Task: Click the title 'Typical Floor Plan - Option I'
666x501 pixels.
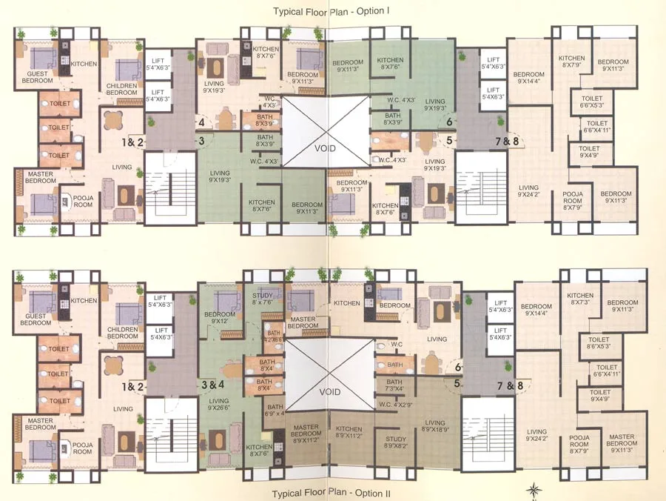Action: [332, 11]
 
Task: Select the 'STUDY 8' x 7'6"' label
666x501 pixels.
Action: [263, 299]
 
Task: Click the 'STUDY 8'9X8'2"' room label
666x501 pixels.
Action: [395, 442]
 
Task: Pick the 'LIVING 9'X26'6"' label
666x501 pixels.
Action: [219, 403]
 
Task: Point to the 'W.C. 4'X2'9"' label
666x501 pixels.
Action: [394, 404]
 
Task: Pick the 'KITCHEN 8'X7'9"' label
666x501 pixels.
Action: [571, 62]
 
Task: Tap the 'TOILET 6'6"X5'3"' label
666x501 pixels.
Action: [592, 102]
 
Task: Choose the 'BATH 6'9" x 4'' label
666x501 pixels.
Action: [275, 411]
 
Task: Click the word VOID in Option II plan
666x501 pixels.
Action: [329, 391]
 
